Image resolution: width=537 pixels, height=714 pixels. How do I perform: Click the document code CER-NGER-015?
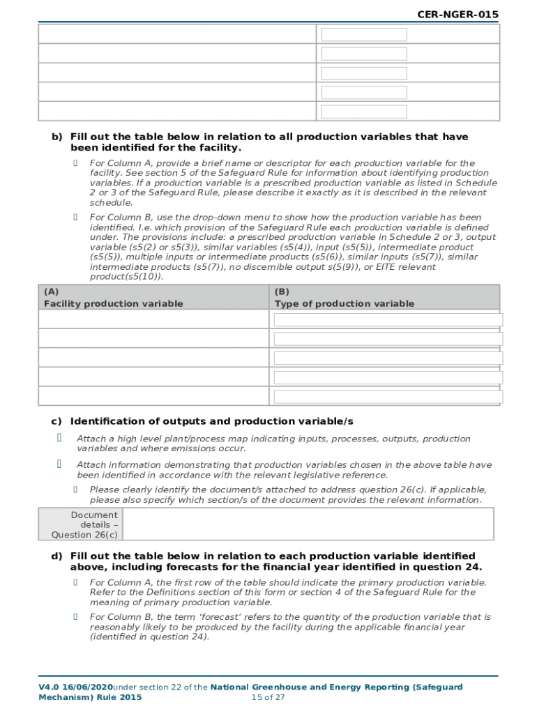[x=458, y=15]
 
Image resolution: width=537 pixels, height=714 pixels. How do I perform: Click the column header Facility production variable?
[x=113, y=303]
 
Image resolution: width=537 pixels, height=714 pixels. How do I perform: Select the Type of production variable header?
[x=344, y=303]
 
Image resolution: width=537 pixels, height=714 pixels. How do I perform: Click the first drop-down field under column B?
[x=388, y=320]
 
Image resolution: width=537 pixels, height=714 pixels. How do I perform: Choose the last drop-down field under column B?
[x=388, y=396]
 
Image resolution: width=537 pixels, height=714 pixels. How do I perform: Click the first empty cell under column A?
[x=153, y=319]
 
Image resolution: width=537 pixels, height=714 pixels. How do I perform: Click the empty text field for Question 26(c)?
[x=308, y=524]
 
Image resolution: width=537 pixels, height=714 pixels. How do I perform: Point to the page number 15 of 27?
[x=268, y=697]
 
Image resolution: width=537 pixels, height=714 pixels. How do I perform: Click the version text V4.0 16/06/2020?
[x=75, y=688]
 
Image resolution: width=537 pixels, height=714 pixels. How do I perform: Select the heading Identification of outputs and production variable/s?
[x=212, y=421]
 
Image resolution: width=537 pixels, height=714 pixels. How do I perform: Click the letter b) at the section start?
[x=56, y=137]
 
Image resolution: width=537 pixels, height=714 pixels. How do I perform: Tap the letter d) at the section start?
[x=56, y=556]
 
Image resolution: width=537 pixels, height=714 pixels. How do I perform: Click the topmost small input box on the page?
[x=364, y=35]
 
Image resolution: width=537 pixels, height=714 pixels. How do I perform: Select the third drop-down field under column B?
[x=388, y=358]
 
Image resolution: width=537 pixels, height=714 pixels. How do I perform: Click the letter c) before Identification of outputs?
[x=56, y=421]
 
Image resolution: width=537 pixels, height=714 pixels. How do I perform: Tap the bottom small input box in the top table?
[x=364, y=111]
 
